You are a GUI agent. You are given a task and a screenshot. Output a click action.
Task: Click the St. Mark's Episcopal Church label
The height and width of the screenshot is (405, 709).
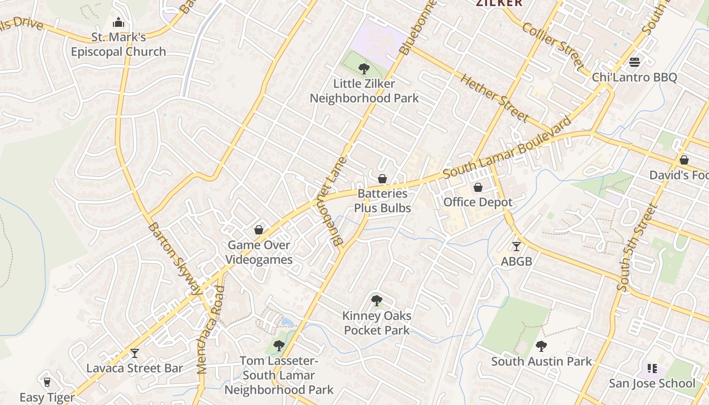click(x=119, y=45)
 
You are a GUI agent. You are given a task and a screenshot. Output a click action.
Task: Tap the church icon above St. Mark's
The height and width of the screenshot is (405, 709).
click(x=119, y=23)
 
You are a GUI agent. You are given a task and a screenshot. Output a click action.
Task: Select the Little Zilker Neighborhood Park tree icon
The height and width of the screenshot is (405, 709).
click(x=364, y=69)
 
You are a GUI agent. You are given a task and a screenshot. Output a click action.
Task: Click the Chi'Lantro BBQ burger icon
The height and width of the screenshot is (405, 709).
click(x=635, y=63)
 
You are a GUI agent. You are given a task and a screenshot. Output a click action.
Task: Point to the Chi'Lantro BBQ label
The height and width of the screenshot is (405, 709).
click(x=635, y=77)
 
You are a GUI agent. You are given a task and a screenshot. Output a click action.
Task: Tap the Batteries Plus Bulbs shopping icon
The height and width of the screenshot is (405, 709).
click(x=382, y=179)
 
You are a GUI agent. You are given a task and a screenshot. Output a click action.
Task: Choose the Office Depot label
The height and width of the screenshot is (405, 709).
click(x=478, y=202)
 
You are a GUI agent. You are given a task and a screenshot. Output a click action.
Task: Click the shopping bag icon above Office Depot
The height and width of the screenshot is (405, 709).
click(x=478, y=188)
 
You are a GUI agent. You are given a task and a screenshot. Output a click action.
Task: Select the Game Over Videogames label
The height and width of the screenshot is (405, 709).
click(x=259, y=252)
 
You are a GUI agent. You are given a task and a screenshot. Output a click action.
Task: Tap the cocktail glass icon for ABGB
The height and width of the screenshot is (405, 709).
click(x=516, y=247)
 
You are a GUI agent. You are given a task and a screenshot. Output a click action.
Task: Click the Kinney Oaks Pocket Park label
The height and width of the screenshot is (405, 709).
click(x=377, y=323)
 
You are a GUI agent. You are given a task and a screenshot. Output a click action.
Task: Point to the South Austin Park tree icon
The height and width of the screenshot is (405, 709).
click(x=541, y=347)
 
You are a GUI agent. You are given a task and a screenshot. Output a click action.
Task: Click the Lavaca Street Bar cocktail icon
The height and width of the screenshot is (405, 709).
click(x=135, y=353)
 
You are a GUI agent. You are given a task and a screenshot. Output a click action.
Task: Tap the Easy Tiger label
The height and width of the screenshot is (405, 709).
click(x=47, y=397)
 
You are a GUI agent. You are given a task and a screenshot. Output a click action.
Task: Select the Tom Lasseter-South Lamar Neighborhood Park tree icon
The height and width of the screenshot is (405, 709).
click(x=279, y=346)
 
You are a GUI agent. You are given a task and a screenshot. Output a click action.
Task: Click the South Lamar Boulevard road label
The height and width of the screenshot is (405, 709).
click(x=507, y=148)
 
